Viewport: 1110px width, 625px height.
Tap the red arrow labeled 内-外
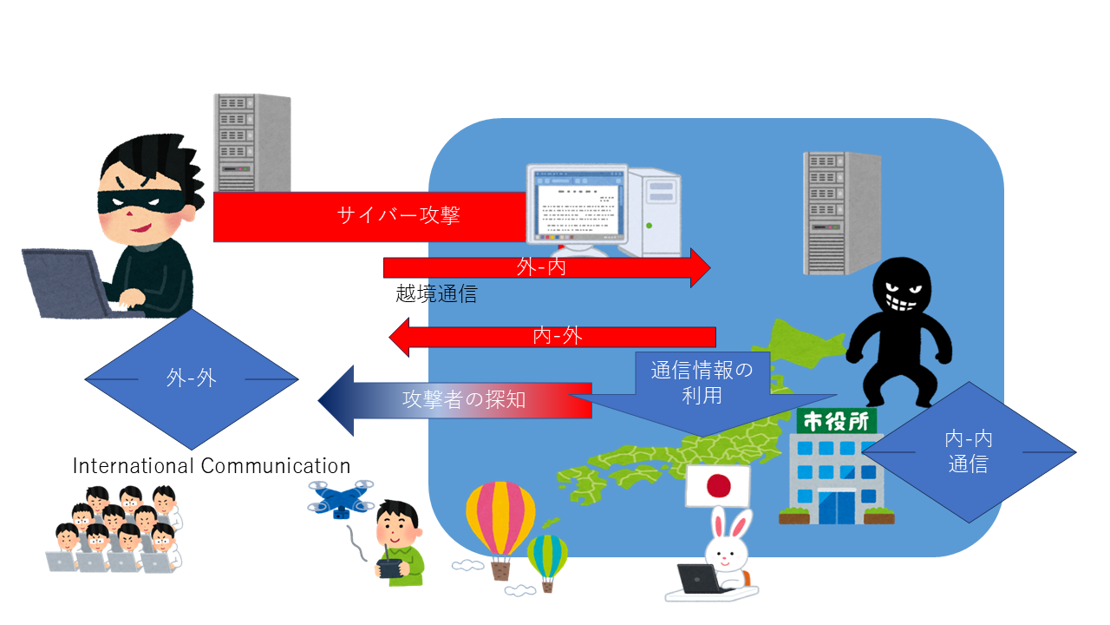point(555,337)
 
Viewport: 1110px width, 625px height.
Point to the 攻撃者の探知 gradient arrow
point(460,400)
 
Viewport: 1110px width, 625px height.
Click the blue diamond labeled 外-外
point(192,378)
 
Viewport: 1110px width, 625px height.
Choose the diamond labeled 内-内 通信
point(969,451)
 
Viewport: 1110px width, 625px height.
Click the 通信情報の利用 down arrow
point(702,386)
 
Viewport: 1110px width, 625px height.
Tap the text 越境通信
point(436,294)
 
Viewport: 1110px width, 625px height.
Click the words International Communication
point(212,466)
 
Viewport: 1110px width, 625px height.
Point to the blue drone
point(340,500)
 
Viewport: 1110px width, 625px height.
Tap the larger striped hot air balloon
point(500,521)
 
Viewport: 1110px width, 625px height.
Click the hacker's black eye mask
point(129,202)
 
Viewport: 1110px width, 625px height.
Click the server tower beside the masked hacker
point(251,143)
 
